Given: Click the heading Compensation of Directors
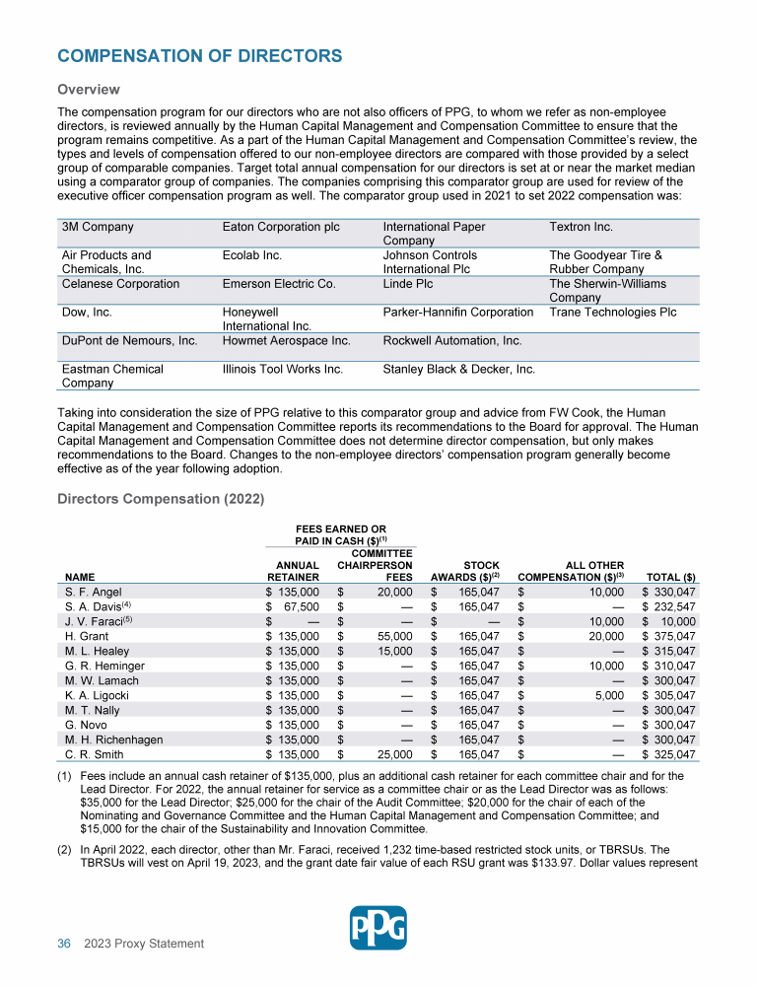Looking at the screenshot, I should [x=200, y=56].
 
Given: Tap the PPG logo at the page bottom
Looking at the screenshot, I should [x=378, y=927].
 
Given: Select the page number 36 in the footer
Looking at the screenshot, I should [x=64, y=944].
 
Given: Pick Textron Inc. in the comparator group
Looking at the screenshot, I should [x=581, y=228].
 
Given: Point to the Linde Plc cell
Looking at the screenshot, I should [x=406, y=284].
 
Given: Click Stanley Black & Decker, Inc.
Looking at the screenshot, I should [x=458, y=370].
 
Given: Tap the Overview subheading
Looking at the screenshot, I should [x=89, y=90].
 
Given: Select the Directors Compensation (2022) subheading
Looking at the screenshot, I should [x=161, y=499].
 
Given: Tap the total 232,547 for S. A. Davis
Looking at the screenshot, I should [x=675, y=606].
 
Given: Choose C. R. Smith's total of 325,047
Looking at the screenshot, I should [x=675, y=755].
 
